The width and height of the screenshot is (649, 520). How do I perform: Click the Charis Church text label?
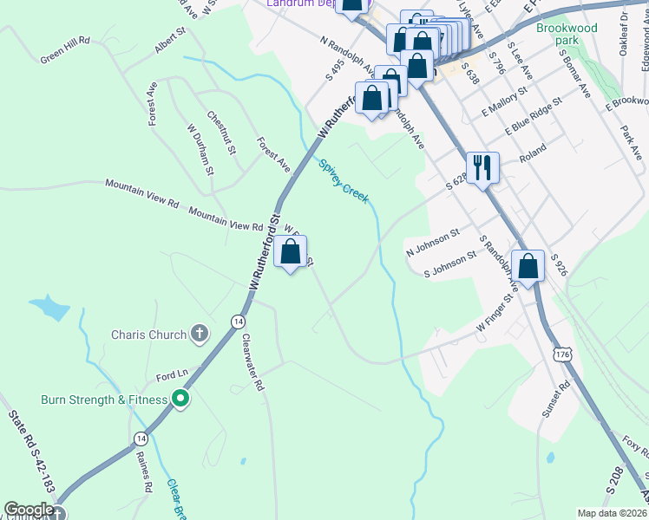(148, 335)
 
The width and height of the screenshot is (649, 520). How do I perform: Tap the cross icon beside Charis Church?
(200, 334)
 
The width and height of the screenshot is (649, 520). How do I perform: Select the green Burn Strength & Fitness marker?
(180, 400)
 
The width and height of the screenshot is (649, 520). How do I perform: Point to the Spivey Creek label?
(344, 182)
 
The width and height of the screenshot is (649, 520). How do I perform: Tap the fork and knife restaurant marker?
(482, 166)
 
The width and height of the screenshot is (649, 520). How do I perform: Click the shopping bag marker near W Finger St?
(528, 265)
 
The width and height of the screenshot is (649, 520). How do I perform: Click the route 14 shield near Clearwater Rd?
(237, 322)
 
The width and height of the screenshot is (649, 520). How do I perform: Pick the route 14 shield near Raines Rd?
(141, 439)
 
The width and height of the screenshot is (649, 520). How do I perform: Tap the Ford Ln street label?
(172, 376)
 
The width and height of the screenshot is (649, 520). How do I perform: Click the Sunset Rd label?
(555, 400)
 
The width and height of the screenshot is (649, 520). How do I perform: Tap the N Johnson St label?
(432, 243)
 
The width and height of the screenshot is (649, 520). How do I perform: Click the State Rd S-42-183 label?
(31, 455)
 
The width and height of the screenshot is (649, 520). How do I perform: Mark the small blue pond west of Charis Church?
(50, 307)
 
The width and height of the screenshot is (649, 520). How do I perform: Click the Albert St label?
(171, 41)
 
